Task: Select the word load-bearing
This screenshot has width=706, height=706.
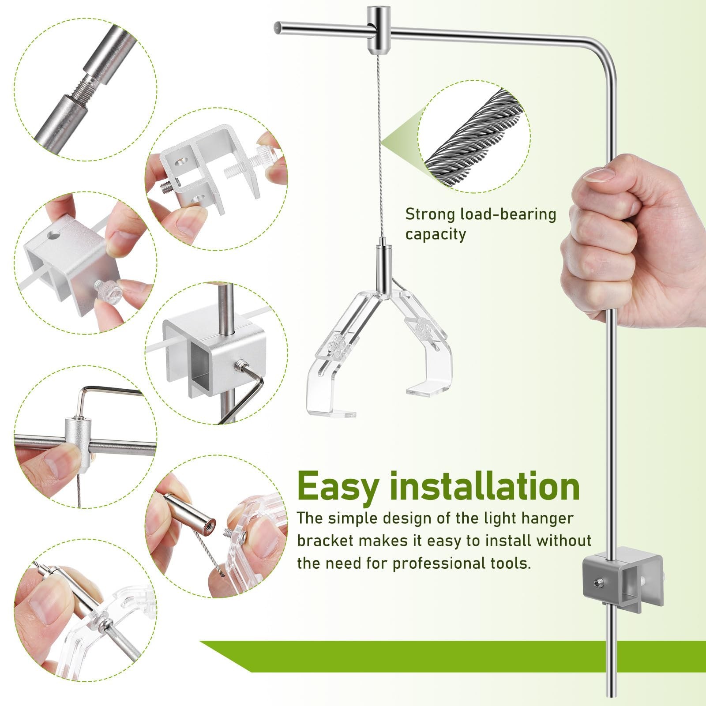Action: pyautogui.click(x=508, y=215)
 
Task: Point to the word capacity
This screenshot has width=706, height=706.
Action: pyautogui.click(x=436, y=234)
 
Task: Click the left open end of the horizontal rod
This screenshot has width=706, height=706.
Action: pyautogui.click(x=277, y=27)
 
